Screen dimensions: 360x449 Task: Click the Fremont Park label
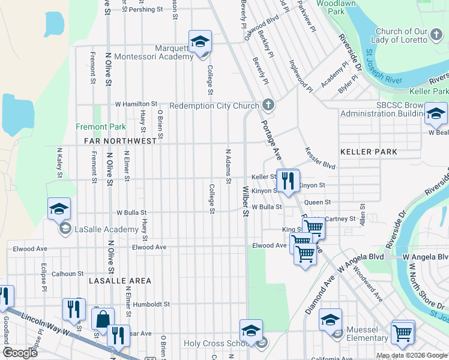101,127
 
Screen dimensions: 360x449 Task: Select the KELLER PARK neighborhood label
369,152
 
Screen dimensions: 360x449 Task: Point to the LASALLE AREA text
120,281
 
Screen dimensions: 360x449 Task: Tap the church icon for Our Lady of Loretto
435,40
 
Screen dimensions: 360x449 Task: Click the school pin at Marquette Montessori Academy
200,41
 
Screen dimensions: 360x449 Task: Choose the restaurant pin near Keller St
288,179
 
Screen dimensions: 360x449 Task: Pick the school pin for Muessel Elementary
330,320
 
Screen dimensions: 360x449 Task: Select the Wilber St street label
245,202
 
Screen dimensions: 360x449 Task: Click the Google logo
20,353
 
